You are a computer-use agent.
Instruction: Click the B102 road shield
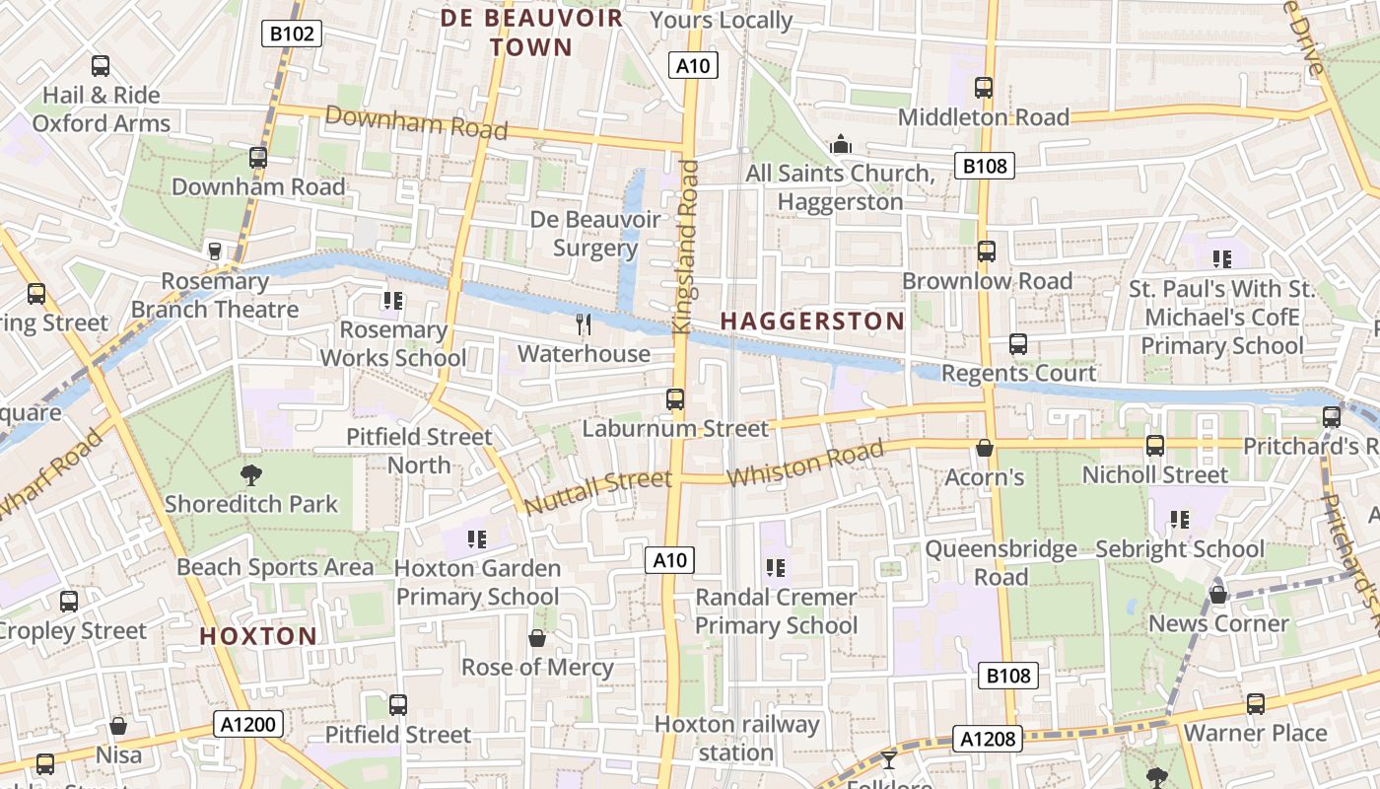click(x=293, y=35)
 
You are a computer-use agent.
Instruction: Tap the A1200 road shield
click(x=249, y=725)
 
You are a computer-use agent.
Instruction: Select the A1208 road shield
click(x=988, y=739)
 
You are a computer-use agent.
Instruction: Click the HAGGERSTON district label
click(x=812, y=321)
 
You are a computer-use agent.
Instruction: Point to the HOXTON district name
click(x=258, y=636)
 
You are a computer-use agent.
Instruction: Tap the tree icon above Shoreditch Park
click(x=251, y=474)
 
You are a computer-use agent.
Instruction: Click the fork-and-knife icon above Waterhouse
click(x=584, y=324)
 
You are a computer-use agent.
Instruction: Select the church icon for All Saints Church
click(x=840, y=144)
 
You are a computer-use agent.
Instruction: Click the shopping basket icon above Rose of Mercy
click(x=537, y=638)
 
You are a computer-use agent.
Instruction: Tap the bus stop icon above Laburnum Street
click(x=675, y=399)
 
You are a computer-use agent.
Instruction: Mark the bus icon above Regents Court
click(x=1018, y=344)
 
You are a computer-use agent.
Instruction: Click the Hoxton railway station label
click(x=737, y=738)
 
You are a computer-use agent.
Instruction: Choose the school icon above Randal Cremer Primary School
click(x=776, y=567)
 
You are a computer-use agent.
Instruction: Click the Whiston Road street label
click(x=805, y=464)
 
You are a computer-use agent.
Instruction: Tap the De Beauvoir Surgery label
click(x=595, y=233)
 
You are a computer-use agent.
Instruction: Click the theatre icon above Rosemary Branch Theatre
click(x=214, y=251)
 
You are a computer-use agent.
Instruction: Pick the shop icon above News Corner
click(x=1218, y=595)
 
